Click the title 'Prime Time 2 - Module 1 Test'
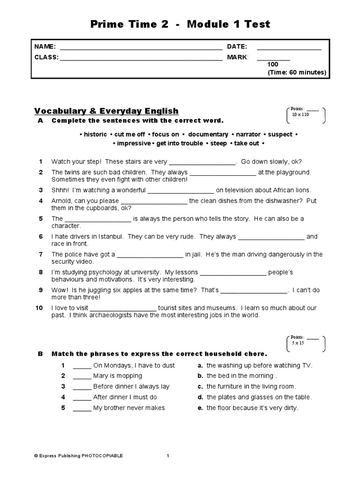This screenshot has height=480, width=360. click(x=180, y=24)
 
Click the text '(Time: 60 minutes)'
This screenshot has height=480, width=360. click(x=297, y=73)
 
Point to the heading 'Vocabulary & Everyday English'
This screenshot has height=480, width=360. click(x=106, y=111)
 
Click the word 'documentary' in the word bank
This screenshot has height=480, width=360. click(x=208, y=134)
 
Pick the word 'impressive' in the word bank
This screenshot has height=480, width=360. click(x=133, y=143)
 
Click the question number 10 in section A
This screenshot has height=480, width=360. click(x=39, y=308)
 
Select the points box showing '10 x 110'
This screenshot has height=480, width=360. click(x=304, y=112)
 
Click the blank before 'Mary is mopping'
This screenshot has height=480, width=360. click(x=82, y=376)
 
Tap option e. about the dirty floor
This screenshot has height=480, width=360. click(x=252, y=408)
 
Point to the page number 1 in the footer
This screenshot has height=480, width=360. click(x=168, y=456)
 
